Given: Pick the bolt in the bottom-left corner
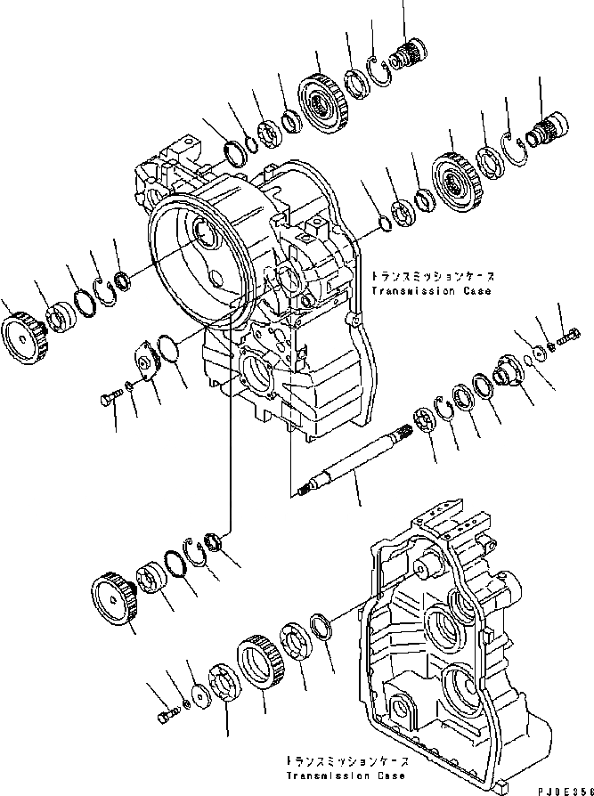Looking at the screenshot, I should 165,715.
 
